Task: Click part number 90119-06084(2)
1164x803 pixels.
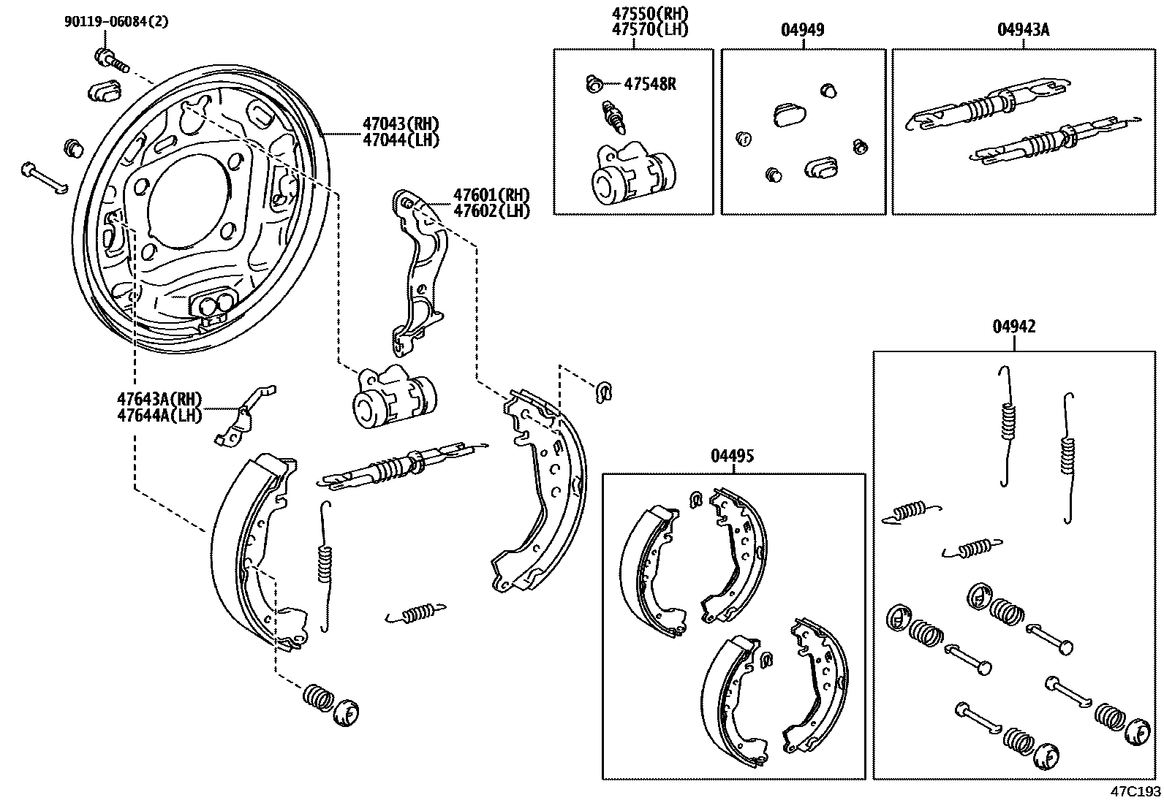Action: (x=116, y=21)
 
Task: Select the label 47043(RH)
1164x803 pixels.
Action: (x=401, y=123)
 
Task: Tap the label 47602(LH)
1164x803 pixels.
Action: (x=491, y=211)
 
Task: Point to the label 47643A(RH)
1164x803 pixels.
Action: (x=159, y=399)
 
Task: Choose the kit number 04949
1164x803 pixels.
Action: (x=802, y=30)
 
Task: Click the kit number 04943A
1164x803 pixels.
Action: (x=1023, y=30)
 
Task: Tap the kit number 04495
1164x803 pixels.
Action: (x=732, y=456)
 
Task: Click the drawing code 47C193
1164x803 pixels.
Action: (x=1135, y=792)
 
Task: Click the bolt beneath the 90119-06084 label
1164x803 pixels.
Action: (x=110, y=59)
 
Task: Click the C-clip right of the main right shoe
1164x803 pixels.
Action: (x=604, y=391)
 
